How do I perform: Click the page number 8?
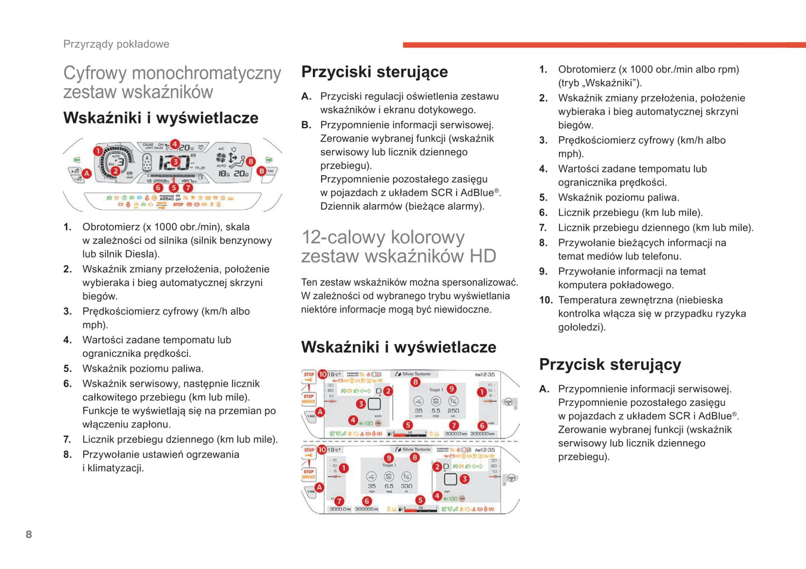(29, 534)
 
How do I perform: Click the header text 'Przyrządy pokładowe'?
(116, 44)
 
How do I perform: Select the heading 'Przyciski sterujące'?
(374, 71)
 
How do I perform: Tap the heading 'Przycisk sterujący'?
(610, 364)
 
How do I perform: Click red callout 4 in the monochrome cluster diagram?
(175, 144)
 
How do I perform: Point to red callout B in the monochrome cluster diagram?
(261, 171)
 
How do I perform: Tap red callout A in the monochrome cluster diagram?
(86, 174)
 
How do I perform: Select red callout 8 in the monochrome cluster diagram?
(250, 161)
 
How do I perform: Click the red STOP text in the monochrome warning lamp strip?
(178, 205)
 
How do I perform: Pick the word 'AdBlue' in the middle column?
(476, 193)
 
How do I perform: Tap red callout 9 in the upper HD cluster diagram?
(451, 389)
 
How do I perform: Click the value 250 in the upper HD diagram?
(453, 410)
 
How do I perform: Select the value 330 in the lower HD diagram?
(406, 486)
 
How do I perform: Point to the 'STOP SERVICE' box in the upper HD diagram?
(308, 398)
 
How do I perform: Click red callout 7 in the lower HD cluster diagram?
(339, 501)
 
